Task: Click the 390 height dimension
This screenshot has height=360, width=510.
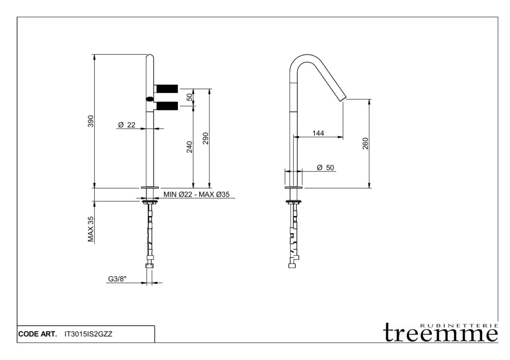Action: tap(91, 121)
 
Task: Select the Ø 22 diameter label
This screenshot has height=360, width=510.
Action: tap(127, 125)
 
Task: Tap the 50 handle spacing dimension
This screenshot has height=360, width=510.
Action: tap(189, 97)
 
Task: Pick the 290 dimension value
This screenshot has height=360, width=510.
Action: tap(205, 138)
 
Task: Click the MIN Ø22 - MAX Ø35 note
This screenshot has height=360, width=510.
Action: tap(196, 195)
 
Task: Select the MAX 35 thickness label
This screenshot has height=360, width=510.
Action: tap(91, 229)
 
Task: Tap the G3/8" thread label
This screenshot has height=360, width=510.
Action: tap(118, 279)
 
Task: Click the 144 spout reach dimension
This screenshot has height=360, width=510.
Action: tap(318, 133)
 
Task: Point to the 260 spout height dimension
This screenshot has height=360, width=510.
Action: tap(366, 144)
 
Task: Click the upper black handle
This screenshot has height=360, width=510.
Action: tap(167, 88)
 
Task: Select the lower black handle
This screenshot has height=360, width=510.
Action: tap(167, 106)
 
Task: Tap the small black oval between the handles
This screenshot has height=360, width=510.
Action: tap(150, 99)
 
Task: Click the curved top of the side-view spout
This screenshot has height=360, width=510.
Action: tap(305, 56)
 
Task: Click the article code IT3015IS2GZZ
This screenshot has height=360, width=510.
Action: tap(89, 334)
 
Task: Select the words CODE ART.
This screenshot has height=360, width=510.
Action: tap(37, 334)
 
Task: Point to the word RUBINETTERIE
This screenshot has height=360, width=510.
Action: tap(459, 325)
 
